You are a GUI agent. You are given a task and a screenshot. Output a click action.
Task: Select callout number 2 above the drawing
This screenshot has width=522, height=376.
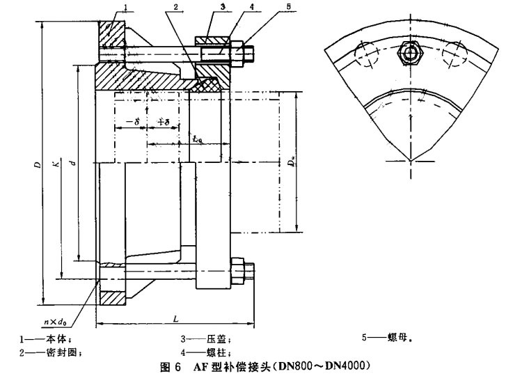pyautogui.click(x=177, y=8)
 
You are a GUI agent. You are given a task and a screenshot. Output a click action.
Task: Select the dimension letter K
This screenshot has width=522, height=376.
pyautogui.click(x=56, y=166)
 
